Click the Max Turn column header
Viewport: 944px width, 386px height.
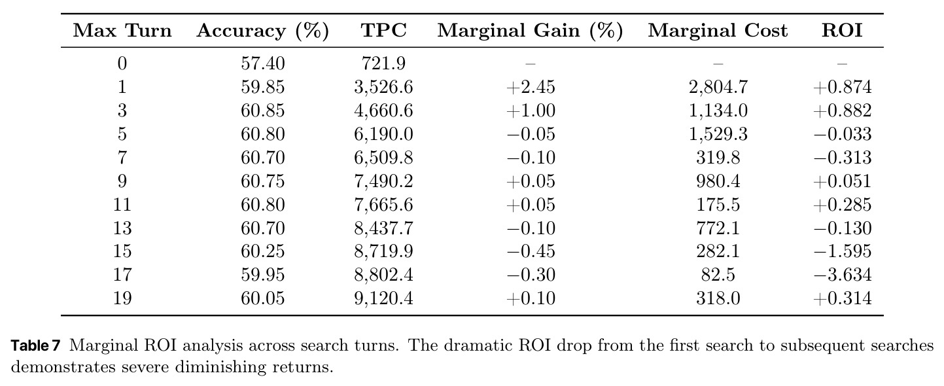pos(122,30)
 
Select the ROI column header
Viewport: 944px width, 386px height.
pos(842,30)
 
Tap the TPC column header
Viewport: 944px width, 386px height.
pos(383,30)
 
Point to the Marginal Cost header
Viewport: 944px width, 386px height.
pos(718,30)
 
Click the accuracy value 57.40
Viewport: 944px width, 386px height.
pos(263,63)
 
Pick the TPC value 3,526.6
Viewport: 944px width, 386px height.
pos(383,87)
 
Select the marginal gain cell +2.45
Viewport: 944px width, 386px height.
pos(531,87)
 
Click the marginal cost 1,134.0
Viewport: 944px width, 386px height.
pos(718,111)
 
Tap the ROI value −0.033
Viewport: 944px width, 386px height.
pos(843,134)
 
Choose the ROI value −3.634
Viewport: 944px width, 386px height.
pos(843,275)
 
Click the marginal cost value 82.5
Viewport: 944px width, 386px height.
pos(718,275)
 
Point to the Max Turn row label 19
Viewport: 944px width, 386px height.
pos(122,298)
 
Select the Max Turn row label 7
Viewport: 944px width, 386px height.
pos(122,158)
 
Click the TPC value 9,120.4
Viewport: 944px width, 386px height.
pos(383,299)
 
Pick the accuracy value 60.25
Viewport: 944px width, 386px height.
pos(263,251)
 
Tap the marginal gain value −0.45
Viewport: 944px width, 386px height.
pos(531,251)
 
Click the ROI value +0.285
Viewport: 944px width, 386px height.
pos(843,205)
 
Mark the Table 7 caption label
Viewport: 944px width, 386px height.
pos(36,345)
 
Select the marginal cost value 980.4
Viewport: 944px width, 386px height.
pos(718,181)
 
